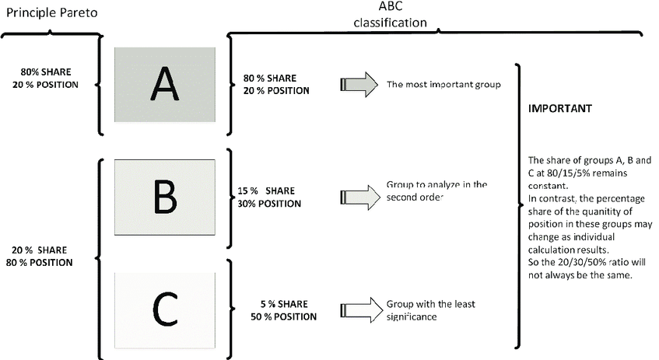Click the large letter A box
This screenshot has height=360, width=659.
pos(165,84)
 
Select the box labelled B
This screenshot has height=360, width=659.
pos(165,197)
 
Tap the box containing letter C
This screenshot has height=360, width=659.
pos(165,308)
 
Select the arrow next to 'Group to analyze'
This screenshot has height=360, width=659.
pos(359,197)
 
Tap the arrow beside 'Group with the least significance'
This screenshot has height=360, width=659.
pos(359,309)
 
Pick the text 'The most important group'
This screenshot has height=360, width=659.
pos(443,84)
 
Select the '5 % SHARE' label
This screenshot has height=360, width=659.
pos(285,304)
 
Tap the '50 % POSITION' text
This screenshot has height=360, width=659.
pos(285,316)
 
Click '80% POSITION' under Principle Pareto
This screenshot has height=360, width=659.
pos(44,262)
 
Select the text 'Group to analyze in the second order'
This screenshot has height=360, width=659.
pos(436,191)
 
